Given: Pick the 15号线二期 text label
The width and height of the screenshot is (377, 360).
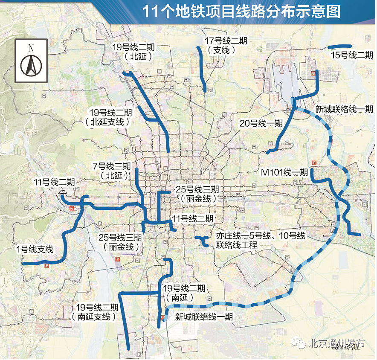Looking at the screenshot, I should [352, 55].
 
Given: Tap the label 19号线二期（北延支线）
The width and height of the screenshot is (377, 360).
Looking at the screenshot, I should [110, 117].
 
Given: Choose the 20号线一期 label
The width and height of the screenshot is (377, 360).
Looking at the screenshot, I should [261, 124].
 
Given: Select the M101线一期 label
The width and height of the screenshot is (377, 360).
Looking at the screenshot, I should [285, 172].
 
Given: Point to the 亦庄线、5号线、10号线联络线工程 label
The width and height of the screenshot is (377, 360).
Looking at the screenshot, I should [260, 241].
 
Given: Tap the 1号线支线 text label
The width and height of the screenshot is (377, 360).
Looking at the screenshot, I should [35, 250].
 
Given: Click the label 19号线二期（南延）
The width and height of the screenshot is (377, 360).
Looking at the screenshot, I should [184, 293].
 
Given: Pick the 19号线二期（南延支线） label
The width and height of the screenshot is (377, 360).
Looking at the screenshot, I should [97, 312].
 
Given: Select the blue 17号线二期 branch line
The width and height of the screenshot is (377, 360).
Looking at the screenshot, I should [203, 68].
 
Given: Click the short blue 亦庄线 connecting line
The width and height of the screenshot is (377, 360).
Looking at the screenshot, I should [202, 241].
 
